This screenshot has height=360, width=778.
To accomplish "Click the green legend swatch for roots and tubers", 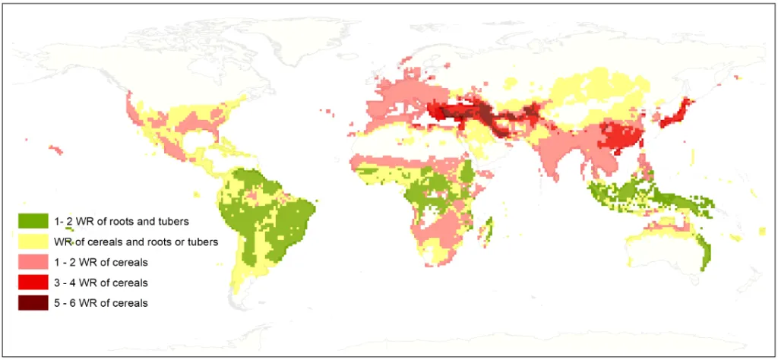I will [33, 221].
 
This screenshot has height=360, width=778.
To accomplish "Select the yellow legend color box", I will [33, 242].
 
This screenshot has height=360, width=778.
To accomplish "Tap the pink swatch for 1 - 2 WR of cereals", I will [33, 262].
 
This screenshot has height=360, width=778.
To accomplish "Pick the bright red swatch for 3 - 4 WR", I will [33, 283].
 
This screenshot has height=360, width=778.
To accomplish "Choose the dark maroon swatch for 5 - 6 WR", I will [33, 303].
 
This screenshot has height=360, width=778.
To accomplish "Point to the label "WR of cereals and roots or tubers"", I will [136, 242].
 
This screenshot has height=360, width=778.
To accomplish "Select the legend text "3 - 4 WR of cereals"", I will [101, 283].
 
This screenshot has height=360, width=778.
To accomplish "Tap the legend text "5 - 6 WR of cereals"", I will [101, 303].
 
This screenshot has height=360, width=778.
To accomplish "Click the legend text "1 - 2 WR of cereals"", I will [101, 262].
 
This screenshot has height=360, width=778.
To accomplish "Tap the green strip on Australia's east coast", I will [706, 251].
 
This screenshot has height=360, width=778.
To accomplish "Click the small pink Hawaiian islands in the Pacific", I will [56, 150].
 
